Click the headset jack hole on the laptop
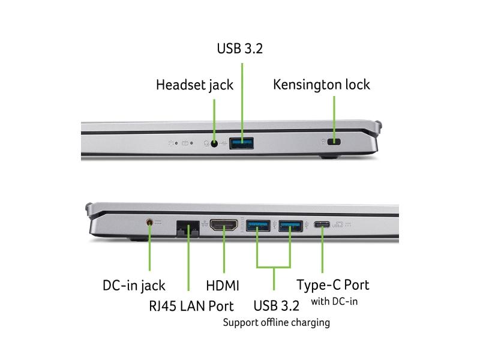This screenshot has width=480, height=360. coord(214,143)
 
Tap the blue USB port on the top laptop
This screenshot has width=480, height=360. coord(242,143)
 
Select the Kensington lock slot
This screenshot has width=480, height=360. coord(335,142)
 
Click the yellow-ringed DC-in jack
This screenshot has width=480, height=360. coord(149,223)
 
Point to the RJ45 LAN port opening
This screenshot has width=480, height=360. coord(188,229)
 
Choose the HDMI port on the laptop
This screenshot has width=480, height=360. coord(224,227)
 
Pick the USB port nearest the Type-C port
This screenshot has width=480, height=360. coord(290,226)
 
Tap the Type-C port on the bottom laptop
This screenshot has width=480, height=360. coord(322,226)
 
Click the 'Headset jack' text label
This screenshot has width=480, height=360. coord(194,85)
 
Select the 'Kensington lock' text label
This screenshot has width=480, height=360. coord(322,84)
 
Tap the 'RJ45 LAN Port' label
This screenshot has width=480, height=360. coord(191,305)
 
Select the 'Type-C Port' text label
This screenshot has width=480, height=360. coord(333,284)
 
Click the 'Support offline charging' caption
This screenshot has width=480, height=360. coord(277,323)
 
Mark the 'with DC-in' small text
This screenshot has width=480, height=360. coord(334,301)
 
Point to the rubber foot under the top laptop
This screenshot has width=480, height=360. coord(328,157)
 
